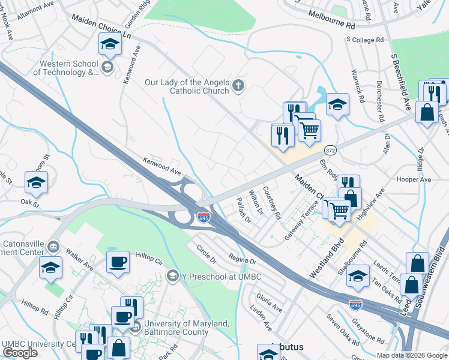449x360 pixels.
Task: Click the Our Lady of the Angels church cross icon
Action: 238,85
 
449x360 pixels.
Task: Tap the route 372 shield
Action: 330,149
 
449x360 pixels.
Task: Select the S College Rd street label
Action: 364,40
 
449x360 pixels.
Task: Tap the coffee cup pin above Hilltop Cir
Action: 118,261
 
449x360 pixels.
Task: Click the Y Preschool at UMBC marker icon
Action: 173,275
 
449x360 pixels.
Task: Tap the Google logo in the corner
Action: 20,352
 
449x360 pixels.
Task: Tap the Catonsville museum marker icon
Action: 53,246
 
